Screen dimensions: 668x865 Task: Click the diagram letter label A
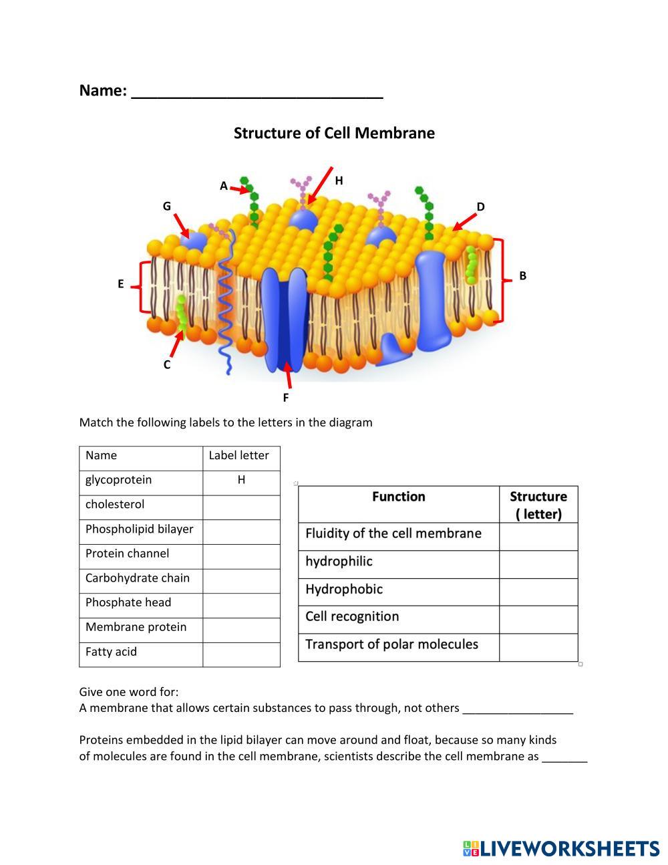[x=224, y=186]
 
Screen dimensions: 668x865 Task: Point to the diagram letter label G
[x=167, y=206]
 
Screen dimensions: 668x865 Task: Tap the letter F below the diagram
[x=285, y=398]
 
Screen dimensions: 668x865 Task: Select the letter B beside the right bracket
[x=522, y=275]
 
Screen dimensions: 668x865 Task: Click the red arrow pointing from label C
[x=176, y=344]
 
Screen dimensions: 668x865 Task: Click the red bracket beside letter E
[x=141, y=287]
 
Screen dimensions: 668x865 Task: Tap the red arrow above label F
[x=289, y=375]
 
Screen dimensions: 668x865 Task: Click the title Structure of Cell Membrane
[x=334, y=133]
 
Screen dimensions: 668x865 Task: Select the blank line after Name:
[x=257, y=92]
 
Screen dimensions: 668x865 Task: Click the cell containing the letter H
[x=241, y=481]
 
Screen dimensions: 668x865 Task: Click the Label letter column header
[x=238, y=456]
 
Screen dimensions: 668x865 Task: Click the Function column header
[x=398, y=497]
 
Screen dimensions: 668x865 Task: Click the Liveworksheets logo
[x=560, y=849]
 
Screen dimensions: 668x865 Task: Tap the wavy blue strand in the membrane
[x=226, y=301]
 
